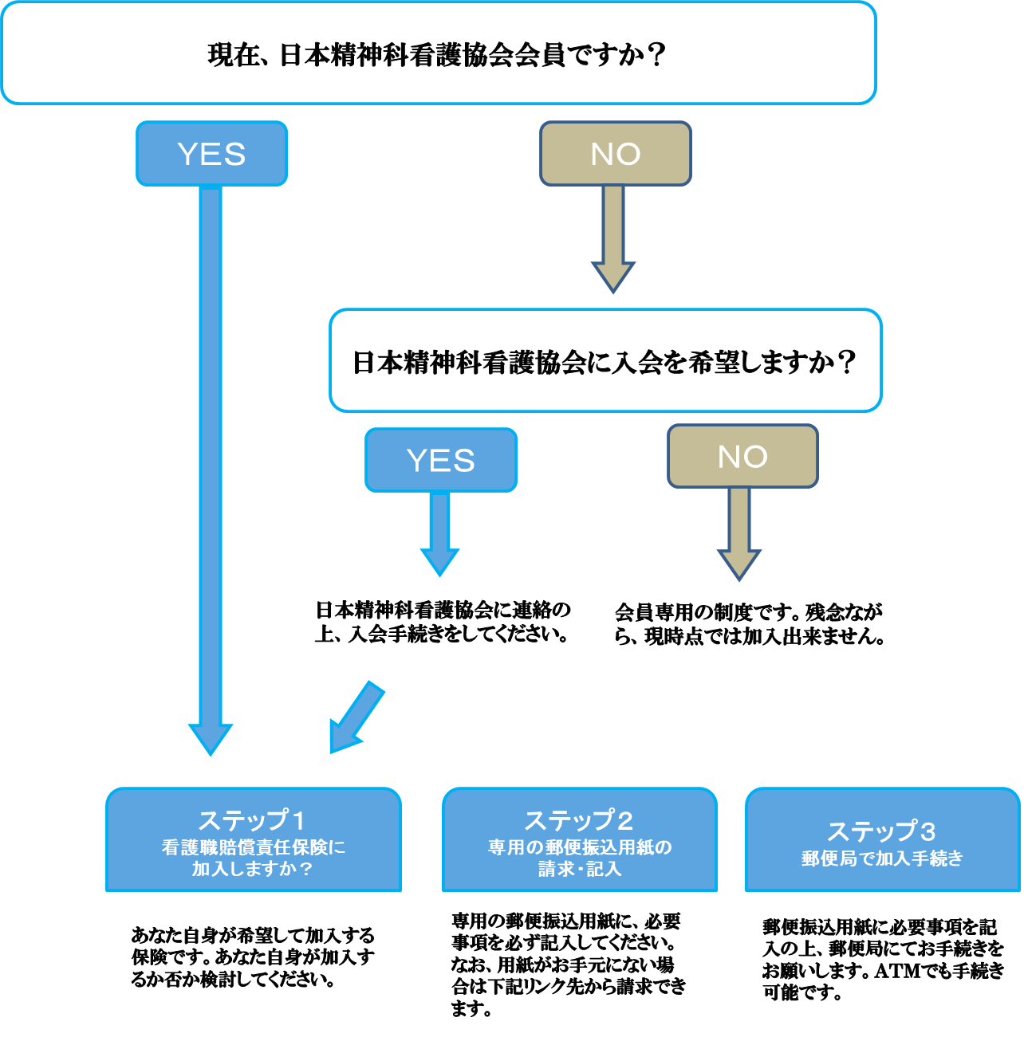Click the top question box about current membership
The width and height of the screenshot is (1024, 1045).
439,53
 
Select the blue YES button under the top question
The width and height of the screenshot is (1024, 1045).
211,154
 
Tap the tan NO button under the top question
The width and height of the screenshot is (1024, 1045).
615,154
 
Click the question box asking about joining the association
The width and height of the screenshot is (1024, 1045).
605,361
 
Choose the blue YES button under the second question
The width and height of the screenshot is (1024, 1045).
441,460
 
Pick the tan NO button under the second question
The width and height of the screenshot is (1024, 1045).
742,456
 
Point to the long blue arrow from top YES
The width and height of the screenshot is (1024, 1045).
211,462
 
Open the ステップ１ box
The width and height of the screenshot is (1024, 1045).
253,840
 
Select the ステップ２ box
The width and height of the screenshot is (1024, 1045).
579,840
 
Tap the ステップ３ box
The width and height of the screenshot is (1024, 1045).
882,840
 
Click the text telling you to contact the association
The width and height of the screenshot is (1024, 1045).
443,623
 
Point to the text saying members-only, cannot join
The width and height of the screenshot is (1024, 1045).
749,624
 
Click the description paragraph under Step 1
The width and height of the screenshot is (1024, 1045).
252,957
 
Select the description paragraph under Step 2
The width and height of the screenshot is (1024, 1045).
568,964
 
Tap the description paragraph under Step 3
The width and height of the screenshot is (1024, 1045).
882,960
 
